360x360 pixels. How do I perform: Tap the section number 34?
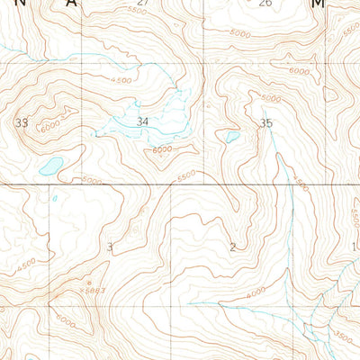tap(142, 121)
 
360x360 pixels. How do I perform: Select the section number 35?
tap(265, 122)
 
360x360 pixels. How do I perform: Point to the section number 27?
tap(142, 4)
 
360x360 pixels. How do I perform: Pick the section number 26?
tap(265, 4)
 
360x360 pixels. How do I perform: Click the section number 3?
tap(110, 247)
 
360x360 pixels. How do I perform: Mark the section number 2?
tap(232, 247)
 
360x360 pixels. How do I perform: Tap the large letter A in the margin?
tap(71, 4)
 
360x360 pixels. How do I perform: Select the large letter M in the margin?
tap(317, 4)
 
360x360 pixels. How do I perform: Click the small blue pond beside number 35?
tap(232, 138)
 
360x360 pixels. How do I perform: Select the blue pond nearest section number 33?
tap(50, 166)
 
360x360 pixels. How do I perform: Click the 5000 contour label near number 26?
tap(239, 33)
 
